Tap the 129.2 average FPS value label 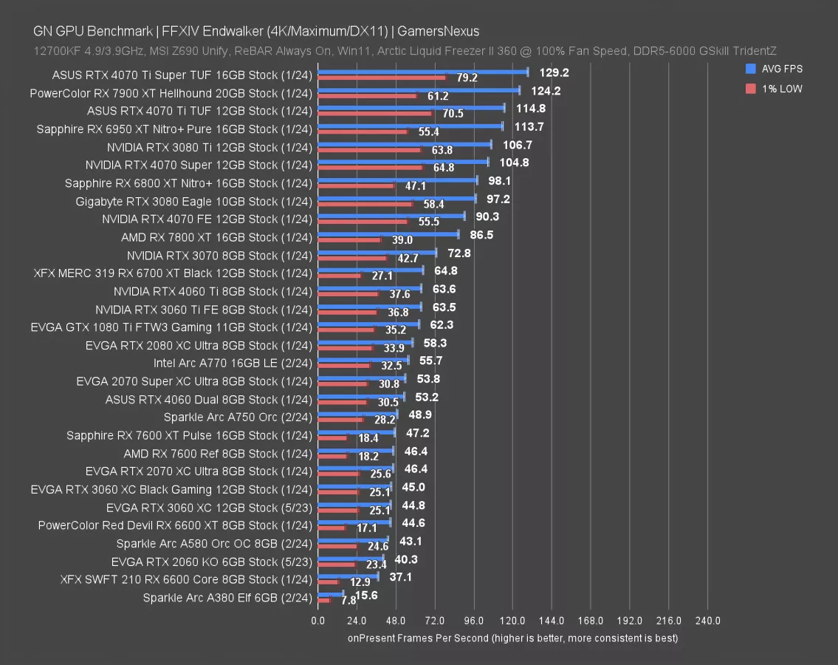pos(554,72)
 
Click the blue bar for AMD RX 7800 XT pos(388,234)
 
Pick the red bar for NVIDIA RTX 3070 pos(352,258)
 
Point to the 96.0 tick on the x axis pos(473,621)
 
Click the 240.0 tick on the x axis pos(707,621)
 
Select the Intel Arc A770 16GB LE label pos(233,363)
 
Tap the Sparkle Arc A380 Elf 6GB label pos(227,598)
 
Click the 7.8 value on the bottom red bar pos(328,601)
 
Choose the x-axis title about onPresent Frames pos(512,638)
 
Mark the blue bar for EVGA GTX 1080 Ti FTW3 pos(368,324)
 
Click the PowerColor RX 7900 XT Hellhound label pos(171,93)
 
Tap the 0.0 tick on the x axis pos(317,621)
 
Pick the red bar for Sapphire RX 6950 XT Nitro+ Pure pos(362,132)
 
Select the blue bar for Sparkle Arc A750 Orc pos(357,414)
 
